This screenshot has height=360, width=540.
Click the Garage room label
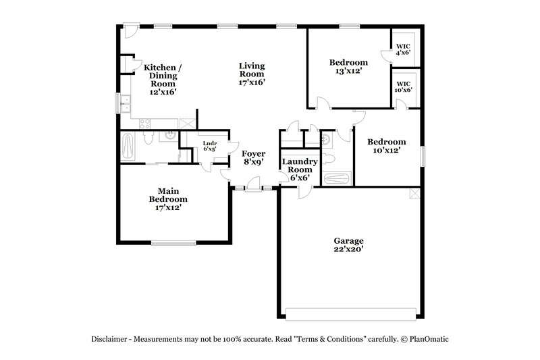tap(348, 240)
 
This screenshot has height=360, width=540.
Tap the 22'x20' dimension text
tap(348, 249)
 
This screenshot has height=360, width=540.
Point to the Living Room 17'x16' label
tap(252, 74)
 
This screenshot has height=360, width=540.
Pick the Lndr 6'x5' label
tap(210, 146)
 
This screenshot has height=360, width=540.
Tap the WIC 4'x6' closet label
tap(403, 49)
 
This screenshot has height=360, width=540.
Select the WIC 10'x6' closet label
tap(403, 86)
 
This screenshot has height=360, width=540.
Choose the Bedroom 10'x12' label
tap(387, 146)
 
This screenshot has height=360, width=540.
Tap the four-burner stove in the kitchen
tap(144, 122)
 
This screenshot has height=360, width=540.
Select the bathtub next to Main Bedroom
tap(129, 145)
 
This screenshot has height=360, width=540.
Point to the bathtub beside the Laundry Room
tap(337, 179)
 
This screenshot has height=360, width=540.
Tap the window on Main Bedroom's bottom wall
tap(173, 242)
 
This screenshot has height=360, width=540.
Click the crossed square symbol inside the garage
tap(416, 195)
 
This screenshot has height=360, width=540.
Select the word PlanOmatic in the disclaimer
tap(426, 339)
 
